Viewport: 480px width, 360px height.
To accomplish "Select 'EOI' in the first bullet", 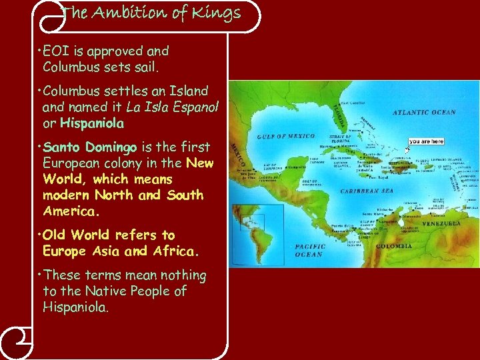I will coord(57,51).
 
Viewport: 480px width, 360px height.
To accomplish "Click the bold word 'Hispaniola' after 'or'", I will coord(92,123).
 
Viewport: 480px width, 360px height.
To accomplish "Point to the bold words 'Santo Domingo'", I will coord(89,147).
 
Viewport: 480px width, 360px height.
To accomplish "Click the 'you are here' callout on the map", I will coord(426,141).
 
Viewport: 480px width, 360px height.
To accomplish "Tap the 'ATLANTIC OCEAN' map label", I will coord(424,112).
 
